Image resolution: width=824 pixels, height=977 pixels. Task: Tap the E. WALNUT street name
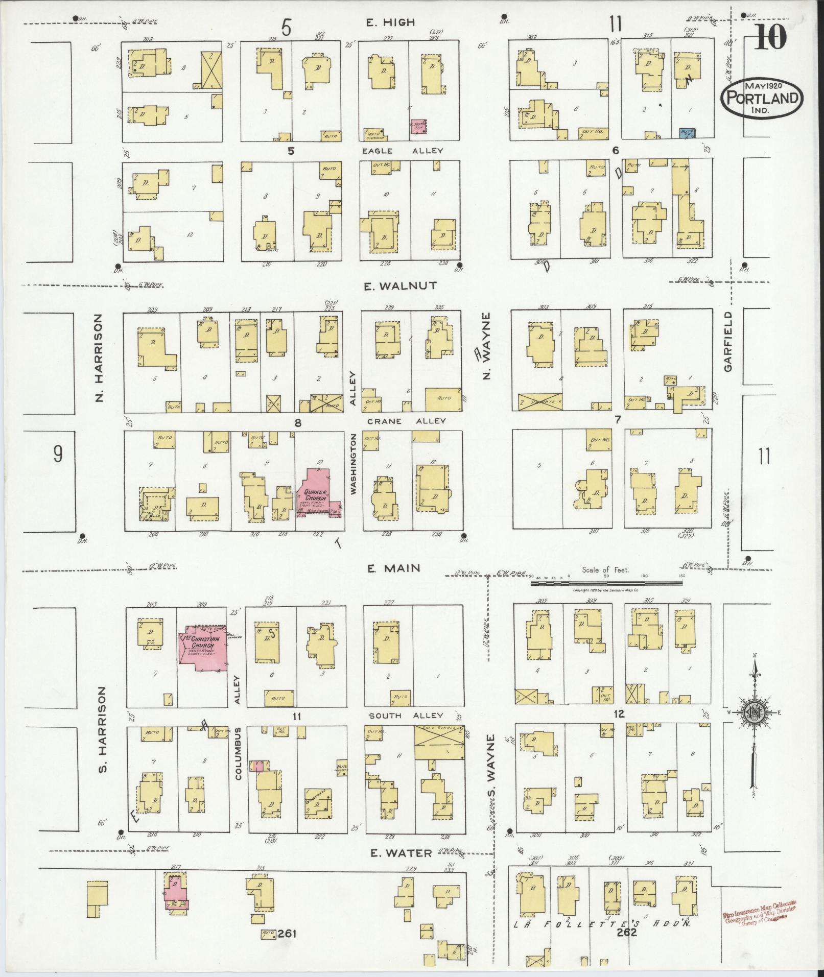click(x=401, y=286)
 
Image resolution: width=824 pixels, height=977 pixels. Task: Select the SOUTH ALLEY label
click(x=406, y=716)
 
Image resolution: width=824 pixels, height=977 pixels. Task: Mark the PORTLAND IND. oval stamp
click(x=762, y=96)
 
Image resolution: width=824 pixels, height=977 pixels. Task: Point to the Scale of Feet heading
click(x=605, y=570)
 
